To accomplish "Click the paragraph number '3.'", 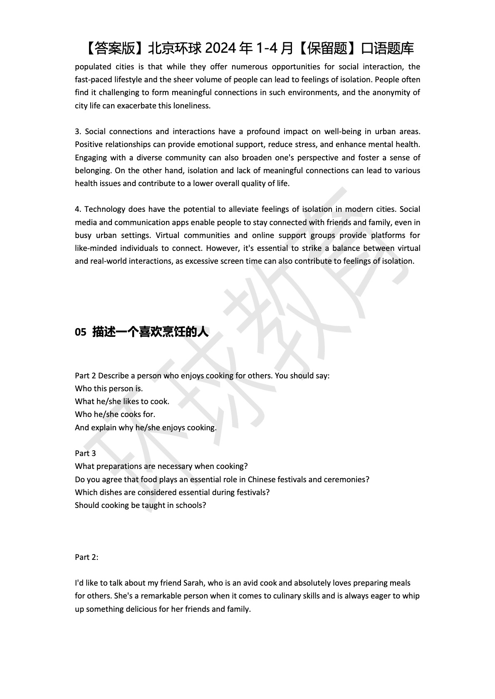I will click(x=78, y=132).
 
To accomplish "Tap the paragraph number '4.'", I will click(x=78, y=209).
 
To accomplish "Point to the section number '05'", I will click(x=80, y=332).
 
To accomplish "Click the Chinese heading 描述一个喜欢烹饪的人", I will click(x=150, y=332).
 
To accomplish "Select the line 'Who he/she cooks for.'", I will click(x=115, y=414).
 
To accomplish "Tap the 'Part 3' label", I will click(x=85, y=454).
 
